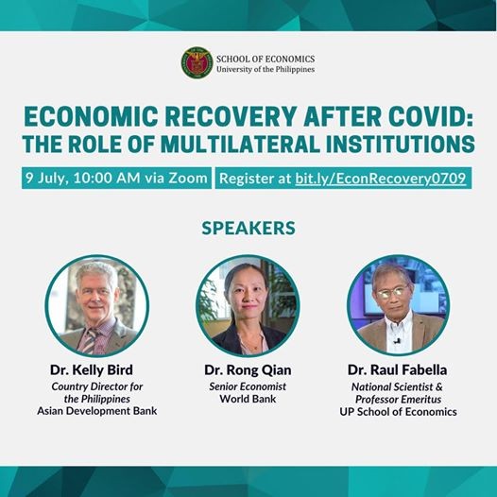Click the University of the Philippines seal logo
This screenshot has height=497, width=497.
coord(197,62)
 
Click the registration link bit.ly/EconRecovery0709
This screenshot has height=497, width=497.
coord(381,179)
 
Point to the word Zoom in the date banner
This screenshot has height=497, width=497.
coord(188,179)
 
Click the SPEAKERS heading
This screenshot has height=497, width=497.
coord(248,229)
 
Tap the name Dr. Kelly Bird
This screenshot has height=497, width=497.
coord(92,369)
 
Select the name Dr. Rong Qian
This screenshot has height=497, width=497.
coord(248,370)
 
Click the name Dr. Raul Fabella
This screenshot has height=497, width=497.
coord(398,369)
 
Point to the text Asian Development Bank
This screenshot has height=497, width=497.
coord(97,411)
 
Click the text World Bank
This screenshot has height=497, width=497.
coord(248,399)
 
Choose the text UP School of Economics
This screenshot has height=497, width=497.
coord(398,412)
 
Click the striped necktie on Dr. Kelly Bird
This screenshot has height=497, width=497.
coord(90,341)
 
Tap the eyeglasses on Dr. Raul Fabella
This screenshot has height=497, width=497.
coord(392,293)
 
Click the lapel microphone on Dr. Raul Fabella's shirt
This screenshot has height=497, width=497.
coord(396,341)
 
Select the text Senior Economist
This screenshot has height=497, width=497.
coord(248,386)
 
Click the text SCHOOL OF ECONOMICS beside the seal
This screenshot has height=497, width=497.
coord(266,59)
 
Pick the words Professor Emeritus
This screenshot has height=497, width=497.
coord(398,400)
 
